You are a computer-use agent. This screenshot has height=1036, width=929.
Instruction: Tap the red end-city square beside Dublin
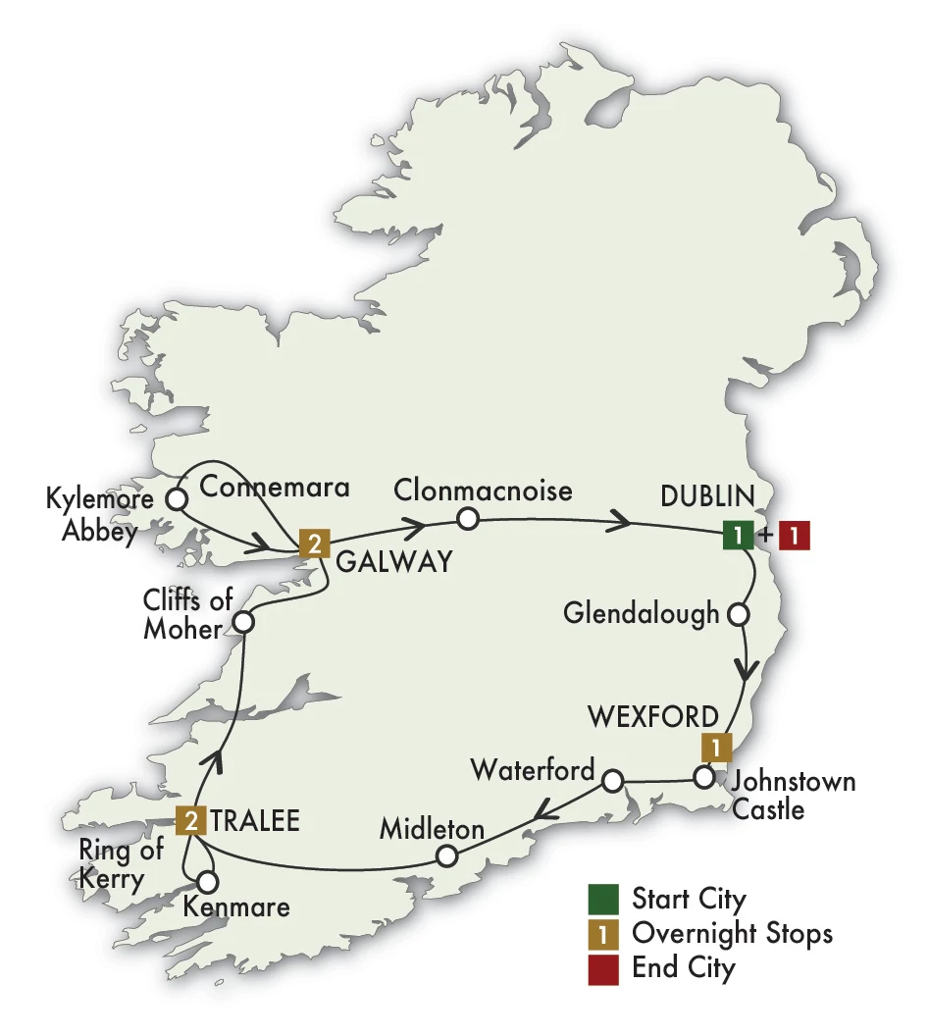tap(795, 536)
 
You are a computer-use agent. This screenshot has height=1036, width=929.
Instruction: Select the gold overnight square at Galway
tap(313, 543)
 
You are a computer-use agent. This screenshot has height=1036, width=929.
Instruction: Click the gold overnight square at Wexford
tap(718, 747)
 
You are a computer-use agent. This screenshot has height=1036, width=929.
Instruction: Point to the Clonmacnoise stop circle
tap(467, 517)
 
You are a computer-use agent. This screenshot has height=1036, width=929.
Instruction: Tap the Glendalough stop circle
tap(737, 615)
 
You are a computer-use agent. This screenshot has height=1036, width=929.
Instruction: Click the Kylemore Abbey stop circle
tap(177, 499)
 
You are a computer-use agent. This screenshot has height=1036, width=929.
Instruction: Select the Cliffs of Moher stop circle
tap(243, 622)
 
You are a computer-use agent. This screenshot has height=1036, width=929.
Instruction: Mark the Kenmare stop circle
tap(207, 881)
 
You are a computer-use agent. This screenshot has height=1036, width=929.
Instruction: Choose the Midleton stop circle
tap(446, 855)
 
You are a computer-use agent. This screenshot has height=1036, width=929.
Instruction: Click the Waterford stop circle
tap(612, 781)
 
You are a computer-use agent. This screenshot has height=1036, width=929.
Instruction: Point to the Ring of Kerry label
tap(122, 863)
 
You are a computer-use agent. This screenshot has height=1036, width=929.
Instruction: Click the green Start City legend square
tap(603, 899)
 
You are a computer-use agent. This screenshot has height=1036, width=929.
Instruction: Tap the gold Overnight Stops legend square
tap(603, 933)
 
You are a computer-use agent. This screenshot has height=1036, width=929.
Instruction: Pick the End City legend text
tap(683, 968)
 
